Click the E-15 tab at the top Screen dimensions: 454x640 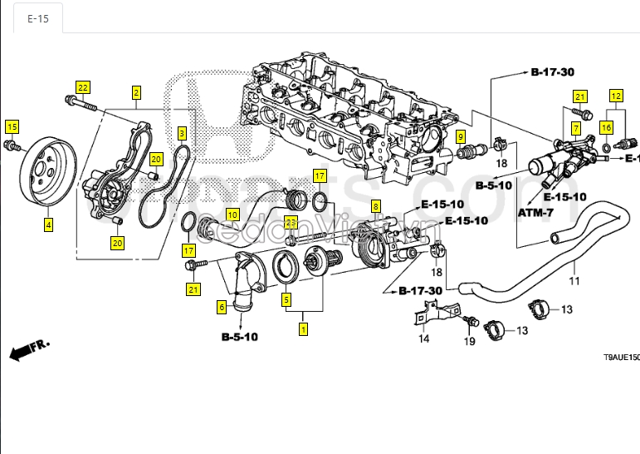tap(38, 18)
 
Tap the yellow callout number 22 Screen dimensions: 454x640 tap(82, 87)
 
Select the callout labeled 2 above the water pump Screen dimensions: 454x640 tap(136, 93)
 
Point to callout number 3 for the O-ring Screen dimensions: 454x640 tap(182, 133)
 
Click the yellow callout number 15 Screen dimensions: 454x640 tap(12, 126)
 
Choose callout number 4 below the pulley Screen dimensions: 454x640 tap(48, 225)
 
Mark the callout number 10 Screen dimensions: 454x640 tap(232, 215)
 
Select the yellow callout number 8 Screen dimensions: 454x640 tap(376, 206)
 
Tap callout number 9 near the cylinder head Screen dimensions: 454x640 tap(460, 136)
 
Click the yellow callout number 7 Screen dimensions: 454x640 tap(574, 128)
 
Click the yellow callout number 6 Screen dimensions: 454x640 tap(222, 307)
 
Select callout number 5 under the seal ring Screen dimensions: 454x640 tap(286, 299)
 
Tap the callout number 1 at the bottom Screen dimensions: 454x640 tap(304, 329)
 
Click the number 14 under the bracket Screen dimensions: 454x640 tap(423, 338)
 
